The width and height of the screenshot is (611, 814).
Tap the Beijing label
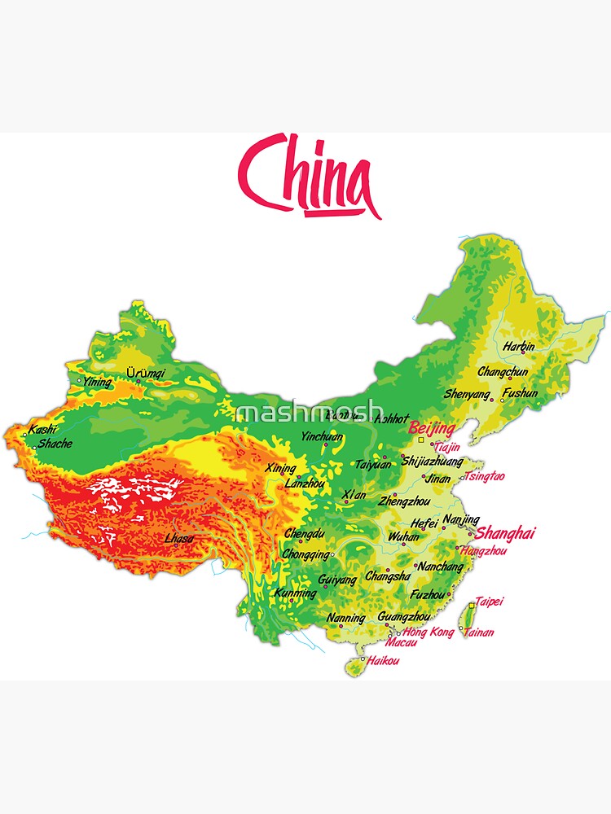[431, 428]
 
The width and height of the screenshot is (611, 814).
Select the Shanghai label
[505, 533]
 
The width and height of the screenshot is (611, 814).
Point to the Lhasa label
[179, 539]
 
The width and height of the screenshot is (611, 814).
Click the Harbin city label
[518, 347]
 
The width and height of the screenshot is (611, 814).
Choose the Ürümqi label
[146, 374]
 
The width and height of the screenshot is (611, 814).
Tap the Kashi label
[42, 430]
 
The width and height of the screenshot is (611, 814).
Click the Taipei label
[489, 602]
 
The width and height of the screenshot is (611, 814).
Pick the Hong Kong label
[429, 632]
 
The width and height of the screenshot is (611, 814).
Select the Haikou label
[383, 661]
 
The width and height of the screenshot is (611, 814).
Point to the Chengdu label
[305, 535]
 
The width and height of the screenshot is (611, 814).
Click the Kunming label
[295, 593]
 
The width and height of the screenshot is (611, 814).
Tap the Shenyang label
[468, 395]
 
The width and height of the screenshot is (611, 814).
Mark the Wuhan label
[404, 537]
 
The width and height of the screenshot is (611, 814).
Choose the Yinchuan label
[322, 437]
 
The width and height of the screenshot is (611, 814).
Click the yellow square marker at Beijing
[421, 440]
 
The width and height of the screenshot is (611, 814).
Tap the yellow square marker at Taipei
[473, 606]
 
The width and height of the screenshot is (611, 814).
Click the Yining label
[98, 381]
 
